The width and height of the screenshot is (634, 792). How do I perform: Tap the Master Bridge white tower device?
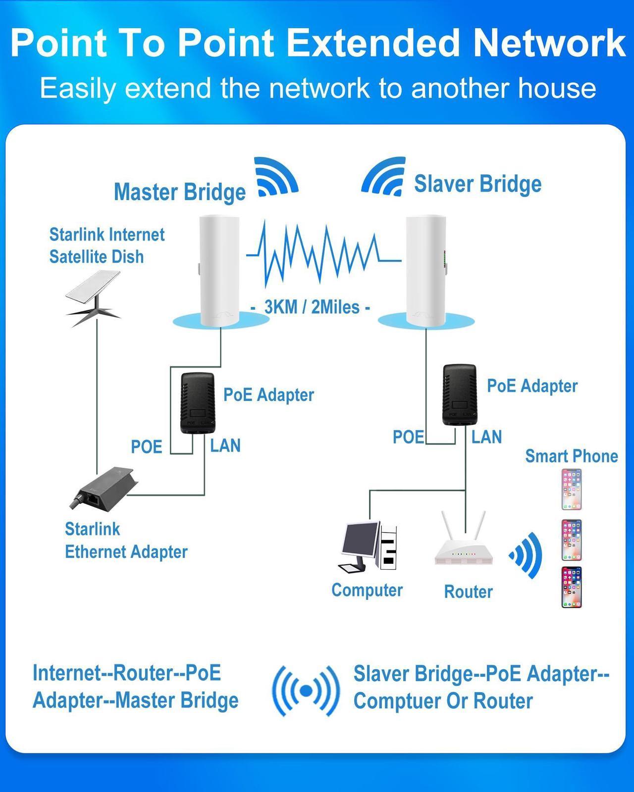click(219, 271)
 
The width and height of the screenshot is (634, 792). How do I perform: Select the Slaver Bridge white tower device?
click(425, 271)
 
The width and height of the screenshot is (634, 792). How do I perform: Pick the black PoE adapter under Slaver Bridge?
click(459, 395)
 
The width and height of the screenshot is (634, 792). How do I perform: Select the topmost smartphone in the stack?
click(571, 489)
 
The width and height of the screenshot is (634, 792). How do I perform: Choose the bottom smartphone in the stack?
click(571, 587)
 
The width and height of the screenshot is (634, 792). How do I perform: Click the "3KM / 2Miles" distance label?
click(312, 307)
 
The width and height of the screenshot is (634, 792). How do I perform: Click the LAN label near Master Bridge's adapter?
click(225, 445)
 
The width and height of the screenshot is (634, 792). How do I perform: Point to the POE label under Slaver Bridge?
click(408, 437)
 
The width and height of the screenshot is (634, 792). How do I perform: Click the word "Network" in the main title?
click(549, 43)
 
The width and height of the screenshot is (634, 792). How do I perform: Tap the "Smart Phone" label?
click(571, 456)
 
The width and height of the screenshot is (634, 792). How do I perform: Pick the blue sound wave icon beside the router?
click(527, 555)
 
